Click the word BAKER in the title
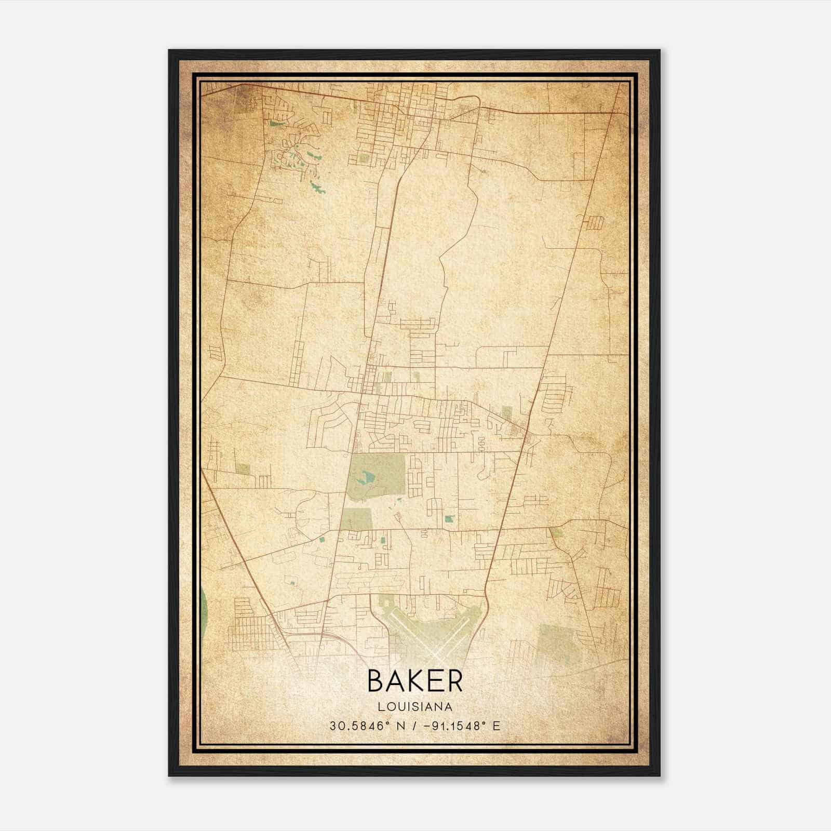coord(415,680)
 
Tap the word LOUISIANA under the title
coord(415,707)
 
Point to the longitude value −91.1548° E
coord(462,726)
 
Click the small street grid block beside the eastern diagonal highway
coord(595,223)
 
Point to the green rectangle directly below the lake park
coord(357,519)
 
